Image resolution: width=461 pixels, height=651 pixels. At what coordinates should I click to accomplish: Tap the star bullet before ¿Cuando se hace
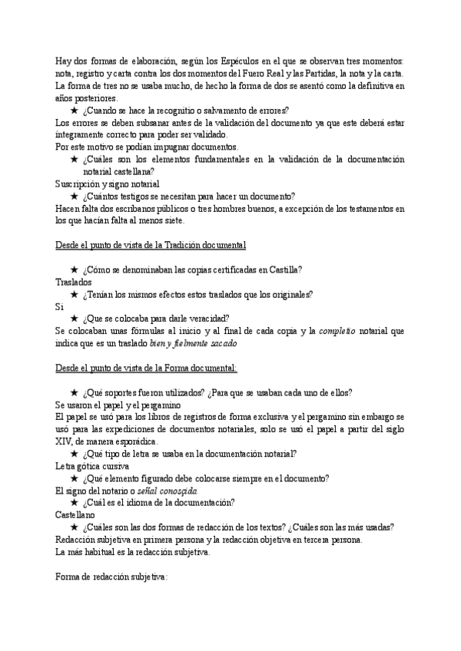tap(75, 111)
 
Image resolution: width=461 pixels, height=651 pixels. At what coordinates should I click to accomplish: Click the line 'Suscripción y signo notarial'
tap(108, 184)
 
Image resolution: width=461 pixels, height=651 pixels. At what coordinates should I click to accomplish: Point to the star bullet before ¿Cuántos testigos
tap(75, 196)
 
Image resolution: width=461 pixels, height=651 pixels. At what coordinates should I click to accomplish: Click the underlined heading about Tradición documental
tap(151, 245)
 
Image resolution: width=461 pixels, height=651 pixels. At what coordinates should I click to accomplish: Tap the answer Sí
tap(60, 306)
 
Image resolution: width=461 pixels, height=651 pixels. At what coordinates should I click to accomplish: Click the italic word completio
tap(337, 331)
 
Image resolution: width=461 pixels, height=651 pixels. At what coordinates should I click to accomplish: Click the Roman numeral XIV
tap(67, 441)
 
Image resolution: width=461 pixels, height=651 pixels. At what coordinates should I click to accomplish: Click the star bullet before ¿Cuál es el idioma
tap(75, 503)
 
